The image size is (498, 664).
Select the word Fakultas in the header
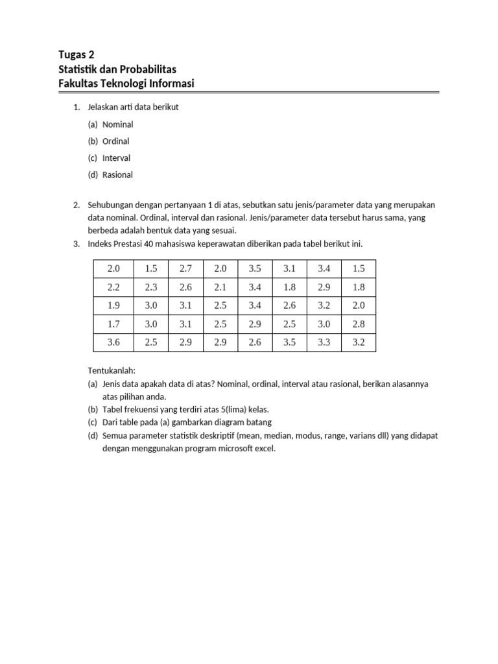point(80,84)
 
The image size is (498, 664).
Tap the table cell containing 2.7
point(185,268)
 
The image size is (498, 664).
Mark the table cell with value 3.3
point(324,342)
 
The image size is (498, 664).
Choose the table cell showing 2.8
point(359,324)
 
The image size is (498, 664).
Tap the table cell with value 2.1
point(220,287)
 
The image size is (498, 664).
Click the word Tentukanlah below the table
point(112,371)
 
